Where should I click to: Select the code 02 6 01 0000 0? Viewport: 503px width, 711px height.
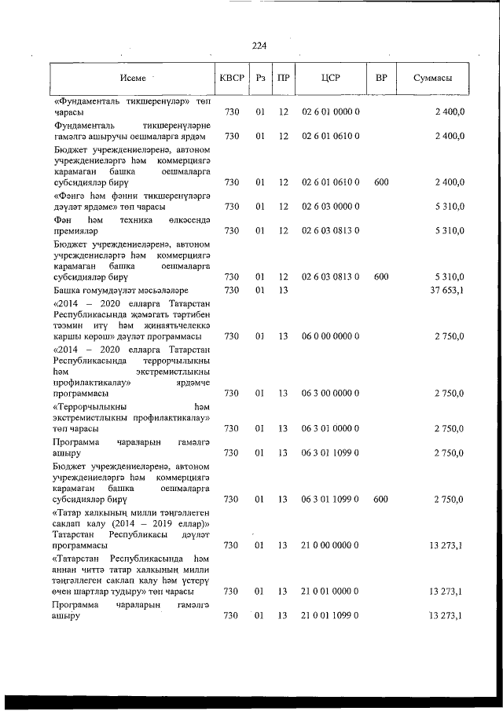(x=330, y=112)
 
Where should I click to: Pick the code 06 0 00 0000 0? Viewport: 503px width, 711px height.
(x=330, y=335)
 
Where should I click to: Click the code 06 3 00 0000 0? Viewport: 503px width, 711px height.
(x=330, y=392)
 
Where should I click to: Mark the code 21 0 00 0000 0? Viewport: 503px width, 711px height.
(x=330, y=544)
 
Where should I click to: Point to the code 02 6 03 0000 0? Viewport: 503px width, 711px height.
(x=330, y=207)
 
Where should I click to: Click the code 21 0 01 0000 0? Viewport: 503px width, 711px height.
(x=330, y=591)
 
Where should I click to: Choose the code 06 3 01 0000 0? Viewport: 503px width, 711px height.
(x=330, y=428)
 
